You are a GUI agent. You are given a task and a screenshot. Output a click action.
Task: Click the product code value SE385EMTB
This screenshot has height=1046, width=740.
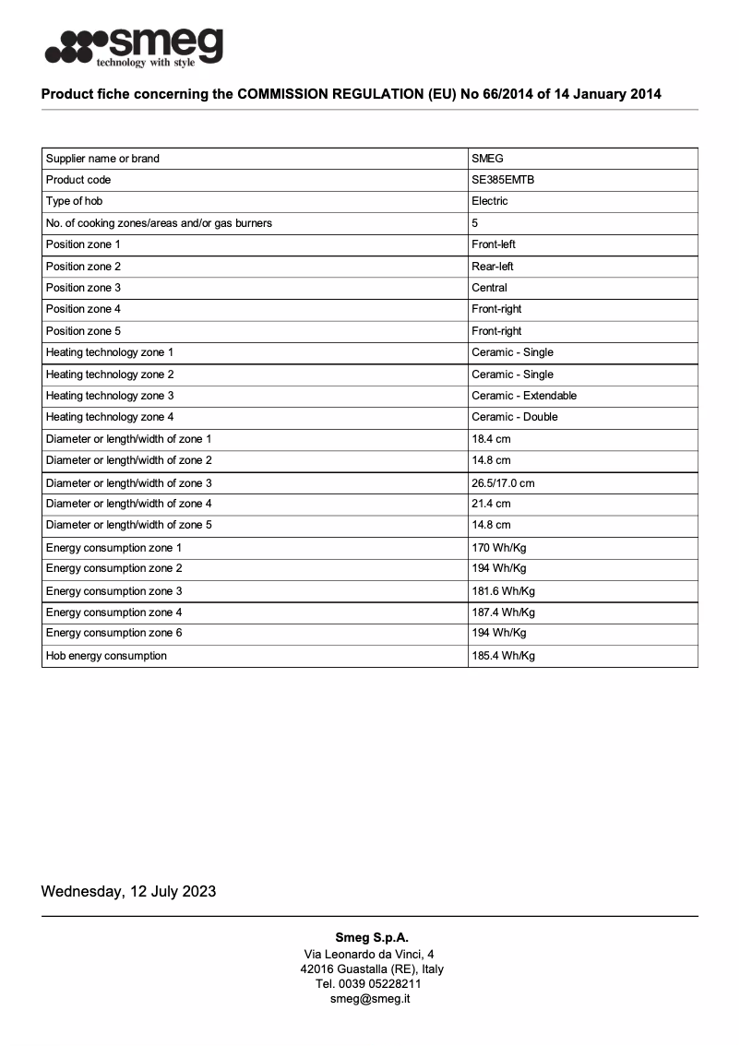coord(503,180)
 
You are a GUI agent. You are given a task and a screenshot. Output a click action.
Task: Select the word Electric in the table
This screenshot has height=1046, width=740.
coord(490,201)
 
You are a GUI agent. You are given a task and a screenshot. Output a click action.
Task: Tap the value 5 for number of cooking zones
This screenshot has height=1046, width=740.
coord(475,223)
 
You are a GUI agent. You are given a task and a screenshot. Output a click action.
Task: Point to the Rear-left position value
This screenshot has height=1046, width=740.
coord(493,267)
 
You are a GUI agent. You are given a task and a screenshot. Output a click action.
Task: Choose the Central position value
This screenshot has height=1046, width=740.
coord(489,288)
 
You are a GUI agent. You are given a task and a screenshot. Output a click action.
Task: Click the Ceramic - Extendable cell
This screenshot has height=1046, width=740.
coord(524,396)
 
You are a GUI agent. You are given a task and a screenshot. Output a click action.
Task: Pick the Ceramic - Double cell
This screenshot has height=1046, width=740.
coord(515,417)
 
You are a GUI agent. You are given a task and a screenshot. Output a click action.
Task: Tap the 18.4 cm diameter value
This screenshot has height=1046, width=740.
coord(491,439)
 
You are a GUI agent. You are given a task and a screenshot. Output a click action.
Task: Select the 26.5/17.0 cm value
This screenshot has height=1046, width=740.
coord(503,483)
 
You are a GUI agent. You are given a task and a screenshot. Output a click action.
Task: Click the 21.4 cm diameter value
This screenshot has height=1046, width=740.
coord(491,504)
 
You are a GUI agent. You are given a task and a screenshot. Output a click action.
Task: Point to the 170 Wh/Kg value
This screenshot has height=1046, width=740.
coord(499,548)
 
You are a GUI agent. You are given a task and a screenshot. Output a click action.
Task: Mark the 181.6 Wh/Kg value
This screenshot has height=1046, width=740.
coord(503,591)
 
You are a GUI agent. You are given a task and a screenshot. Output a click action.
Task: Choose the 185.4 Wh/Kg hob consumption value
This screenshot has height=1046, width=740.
coord(503,656)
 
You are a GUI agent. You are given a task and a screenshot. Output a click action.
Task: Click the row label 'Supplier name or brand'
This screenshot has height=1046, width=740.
coord(102,159)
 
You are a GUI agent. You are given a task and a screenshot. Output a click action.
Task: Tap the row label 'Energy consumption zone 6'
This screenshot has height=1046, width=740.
coord(114,633)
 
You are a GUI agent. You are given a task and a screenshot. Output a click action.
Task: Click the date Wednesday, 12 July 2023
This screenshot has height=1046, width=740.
coord(128,891)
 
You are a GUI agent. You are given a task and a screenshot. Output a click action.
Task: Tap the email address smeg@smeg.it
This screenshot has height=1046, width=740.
coord(370,999)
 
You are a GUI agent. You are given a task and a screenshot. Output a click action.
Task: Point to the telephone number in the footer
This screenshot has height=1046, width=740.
coord(369,984)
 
